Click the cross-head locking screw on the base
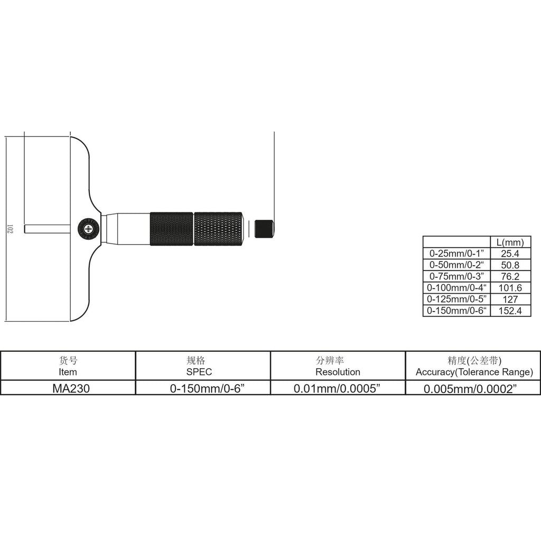(88, 229)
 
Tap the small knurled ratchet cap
(264, 229)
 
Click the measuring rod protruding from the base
(47, 229)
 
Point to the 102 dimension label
(10, 229)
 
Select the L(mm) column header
(510, 242)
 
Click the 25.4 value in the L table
(510, 254)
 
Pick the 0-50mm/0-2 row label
(456, 265)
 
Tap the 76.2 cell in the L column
(510, 276)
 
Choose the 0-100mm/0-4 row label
(456, 288)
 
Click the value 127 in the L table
(510, 299)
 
